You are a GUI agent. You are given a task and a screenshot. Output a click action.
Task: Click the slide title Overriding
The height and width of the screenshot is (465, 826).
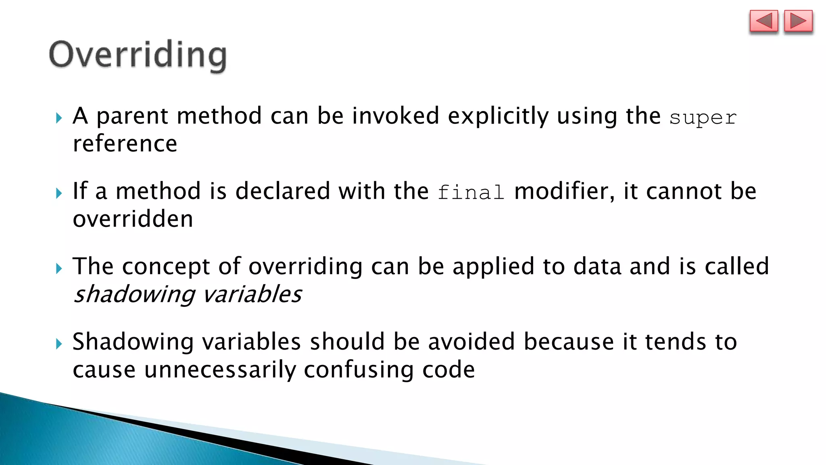tap(138, 55)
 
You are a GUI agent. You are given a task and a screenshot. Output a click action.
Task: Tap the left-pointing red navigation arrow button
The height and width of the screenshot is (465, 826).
tap(763, 21)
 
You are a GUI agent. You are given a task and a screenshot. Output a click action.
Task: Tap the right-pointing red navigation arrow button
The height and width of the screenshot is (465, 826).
tap(798, 21)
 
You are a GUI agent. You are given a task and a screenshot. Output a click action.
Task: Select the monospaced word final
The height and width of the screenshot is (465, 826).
tap(471, 193)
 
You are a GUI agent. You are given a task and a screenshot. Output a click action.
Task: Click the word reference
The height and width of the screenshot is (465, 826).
tap(125, 144)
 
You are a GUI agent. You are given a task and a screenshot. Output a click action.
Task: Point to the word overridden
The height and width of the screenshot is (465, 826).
tap(133, 219)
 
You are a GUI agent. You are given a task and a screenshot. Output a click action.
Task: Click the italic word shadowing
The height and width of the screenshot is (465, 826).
tap(134, 294)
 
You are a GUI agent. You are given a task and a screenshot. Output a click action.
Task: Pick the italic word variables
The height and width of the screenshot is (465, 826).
tap(252, 294)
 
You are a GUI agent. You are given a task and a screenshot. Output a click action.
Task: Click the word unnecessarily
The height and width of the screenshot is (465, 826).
tap(219, 370)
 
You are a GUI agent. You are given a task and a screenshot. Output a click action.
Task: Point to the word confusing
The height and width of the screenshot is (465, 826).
tap(359, 370)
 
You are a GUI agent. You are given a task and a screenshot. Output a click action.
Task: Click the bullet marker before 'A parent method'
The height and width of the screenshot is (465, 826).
tap(59, 118)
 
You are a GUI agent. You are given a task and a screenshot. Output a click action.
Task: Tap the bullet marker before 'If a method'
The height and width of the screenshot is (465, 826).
tap(59, 193)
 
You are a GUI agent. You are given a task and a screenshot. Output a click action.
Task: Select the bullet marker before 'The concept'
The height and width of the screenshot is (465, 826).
tap(59, 268)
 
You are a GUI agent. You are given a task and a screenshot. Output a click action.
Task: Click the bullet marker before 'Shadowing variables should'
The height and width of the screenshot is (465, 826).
tap(59, 344)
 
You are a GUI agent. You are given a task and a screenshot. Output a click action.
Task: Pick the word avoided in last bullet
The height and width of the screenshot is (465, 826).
tap(471, 342)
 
